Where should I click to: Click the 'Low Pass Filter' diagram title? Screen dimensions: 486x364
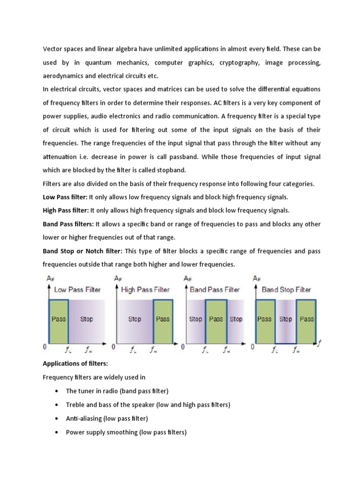tap(77, 290)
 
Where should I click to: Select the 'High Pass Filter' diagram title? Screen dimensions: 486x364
tap(146, 290)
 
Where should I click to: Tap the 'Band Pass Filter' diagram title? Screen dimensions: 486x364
tap(215, 290)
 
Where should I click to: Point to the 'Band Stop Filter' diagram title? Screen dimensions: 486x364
tap(286, 290)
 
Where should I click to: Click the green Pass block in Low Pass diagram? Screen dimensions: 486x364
tap(58, 319)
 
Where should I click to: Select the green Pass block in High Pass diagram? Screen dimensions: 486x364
tap(163, 319)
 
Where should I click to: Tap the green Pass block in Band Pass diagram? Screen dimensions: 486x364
tap(216, 319)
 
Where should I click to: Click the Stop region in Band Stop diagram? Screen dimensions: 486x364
tap(285, 319)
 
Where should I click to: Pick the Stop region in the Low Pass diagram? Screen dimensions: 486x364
tap(87, 319)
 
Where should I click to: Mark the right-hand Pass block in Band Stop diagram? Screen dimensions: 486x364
tap(306, 319)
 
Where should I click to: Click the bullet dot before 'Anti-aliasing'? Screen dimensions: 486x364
tap(57, 419)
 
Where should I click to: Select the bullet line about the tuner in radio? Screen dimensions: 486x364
tap(117, 391)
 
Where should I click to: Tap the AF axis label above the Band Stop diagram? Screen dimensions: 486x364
tap(256, 279)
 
